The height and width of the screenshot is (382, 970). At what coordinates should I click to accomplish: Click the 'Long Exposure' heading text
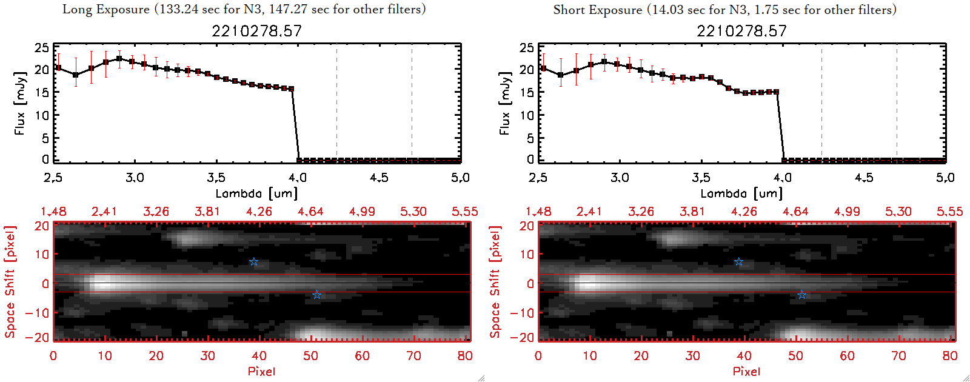point(106,9)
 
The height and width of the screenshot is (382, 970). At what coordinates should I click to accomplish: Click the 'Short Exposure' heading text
point(597,10)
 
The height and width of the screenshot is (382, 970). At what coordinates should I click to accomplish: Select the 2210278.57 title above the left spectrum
point(256,31)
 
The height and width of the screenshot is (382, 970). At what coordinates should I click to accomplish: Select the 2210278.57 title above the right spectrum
point(741,31)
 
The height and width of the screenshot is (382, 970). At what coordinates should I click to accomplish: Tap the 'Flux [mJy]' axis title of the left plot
point(20,104)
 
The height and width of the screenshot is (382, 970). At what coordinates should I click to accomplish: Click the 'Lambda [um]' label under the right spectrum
point(741,193)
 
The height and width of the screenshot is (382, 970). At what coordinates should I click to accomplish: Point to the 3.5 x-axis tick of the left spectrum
point(216,178)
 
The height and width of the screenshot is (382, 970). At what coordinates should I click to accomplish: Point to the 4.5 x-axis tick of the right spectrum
point(864,178)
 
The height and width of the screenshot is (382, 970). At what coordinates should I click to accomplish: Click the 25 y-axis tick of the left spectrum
point(42,47)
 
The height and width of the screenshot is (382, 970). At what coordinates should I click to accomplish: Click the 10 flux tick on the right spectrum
point(527,115)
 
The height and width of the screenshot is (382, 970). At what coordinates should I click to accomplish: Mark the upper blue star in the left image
point(254,262)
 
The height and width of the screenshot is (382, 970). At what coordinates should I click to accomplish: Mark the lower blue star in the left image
point(316,295)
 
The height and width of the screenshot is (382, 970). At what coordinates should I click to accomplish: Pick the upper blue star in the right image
point(738,262)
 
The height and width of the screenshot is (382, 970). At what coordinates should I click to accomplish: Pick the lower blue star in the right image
point(801,295)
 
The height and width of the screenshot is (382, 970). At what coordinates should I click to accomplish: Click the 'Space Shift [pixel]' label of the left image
point(10,282)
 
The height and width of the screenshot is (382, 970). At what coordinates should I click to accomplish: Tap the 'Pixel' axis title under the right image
point(746,371)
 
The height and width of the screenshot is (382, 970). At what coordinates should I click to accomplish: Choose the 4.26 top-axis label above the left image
point(259,212)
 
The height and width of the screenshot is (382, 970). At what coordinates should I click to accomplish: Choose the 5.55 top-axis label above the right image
point(949,212)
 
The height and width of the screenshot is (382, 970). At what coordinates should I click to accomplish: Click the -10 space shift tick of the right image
point(522,312)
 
